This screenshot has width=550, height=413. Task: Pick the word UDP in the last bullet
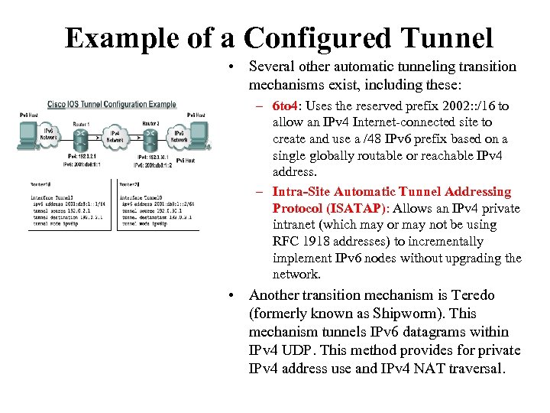pos(316,350)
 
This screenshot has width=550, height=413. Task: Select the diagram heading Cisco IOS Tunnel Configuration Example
pos(112,104)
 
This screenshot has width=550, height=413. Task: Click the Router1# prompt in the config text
pos(40,184)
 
